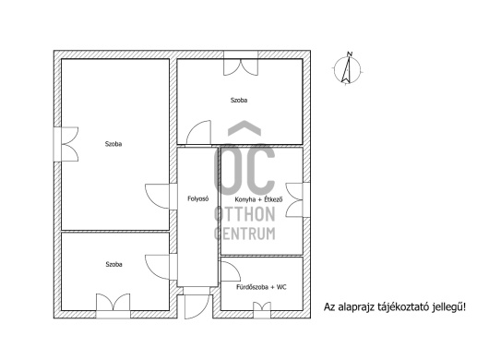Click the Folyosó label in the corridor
point(198,198)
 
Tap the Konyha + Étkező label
point(258,199)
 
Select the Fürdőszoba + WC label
point(261,287)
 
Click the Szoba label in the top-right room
point(239,100)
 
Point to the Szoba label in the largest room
point(113,144)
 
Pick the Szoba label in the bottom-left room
point(113,264)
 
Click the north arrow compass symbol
point(347,70)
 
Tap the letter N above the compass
point(350,54)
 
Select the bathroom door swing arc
point(231,271)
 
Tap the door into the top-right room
point(198,133)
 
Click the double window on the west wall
point(66,144)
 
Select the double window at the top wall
point(241,64)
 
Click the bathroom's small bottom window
point(262,310)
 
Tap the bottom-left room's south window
point(113,306)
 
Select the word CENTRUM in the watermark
point(244,234)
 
